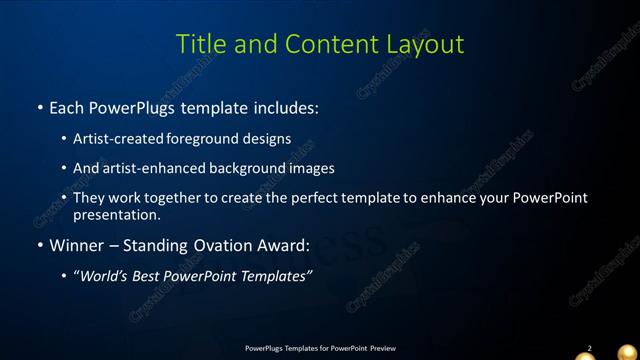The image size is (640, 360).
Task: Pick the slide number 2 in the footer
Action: [x=589, y=348]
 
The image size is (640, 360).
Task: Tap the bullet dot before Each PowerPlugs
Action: [x=39, y=107]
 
